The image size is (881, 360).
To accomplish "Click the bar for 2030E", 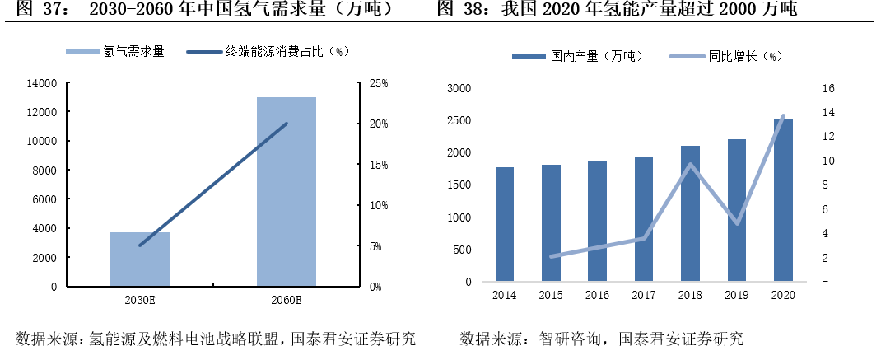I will [x=140, y=259].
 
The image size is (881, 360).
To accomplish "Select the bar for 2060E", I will [x=287, y=192].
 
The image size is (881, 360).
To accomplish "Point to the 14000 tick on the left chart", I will [x=41, y=83].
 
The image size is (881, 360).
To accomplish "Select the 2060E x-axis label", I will [x=287, y=299].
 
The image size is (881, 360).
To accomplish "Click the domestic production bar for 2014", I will [x=505, y=225].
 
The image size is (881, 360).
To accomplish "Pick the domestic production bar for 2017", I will [x=644, y=220].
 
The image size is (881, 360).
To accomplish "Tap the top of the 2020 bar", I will [x=783, y=120].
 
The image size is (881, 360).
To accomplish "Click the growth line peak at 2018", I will [x=690, y=165].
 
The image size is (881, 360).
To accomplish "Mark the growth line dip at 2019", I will [x=737, y=223].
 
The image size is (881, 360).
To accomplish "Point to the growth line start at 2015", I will [x=552, y=256].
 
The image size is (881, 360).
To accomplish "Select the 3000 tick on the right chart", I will [x=459, y=89].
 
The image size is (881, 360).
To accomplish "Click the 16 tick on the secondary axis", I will [x=828, y=89].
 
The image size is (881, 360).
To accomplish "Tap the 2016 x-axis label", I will [x=597, y=295].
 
